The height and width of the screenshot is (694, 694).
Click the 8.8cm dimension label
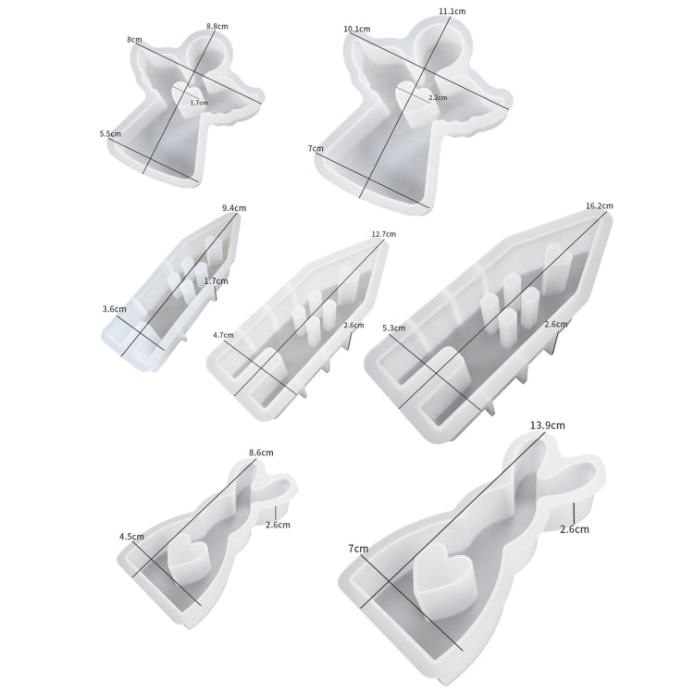(x=217, y=26)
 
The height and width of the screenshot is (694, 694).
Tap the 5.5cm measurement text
(x=110, y=133)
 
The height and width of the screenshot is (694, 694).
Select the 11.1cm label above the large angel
(x=452, y=11)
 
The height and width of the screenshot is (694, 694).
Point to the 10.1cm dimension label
(x=357, y=29)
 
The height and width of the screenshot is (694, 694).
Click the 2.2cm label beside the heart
(x=438, y=97)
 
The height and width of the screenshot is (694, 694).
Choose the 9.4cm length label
(x=234, y=207)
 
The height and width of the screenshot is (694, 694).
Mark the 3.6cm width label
(x=114, y=309)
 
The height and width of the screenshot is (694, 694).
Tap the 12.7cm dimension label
(x=384, y=234)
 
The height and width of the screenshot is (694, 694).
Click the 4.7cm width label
(x=223, y=335)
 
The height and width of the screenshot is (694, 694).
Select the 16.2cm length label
(x=600, y=205)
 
